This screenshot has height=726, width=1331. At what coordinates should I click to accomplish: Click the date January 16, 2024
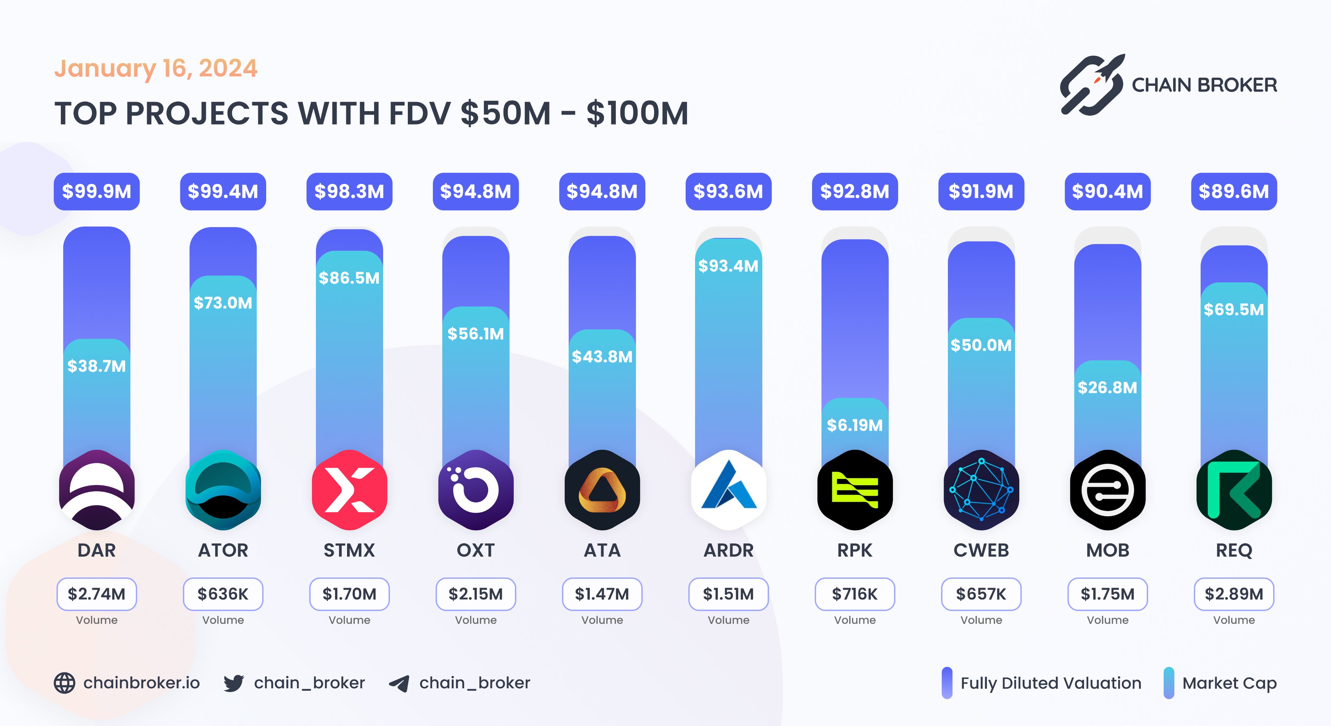click(x=156, y=68)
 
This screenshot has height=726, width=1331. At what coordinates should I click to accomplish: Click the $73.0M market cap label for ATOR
click(x=223, y=303)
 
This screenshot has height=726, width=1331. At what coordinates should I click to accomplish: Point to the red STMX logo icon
click(x=349, y=490)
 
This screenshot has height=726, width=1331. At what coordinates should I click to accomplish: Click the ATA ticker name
click(x=602, y=550)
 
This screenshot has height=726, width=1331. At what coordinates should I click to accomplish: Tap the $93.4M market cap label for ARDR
click(x=728, y=266)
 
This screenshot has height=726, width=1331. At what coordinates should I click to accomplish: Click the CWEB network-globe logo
click(x=981, y=490)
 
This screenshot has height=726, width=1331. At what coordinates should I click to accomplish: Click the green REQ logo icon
click(x=1234, y=490)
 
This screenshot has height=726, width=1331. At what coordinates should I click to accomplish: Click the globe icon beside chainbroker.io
click(x=65, y=683)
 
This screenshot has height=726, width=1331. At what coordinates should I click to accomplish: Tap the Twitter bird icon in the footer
click(x=234, y=683)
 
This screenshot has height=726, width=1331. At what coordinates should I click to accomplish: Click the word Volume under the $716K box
click(x=855, y=620)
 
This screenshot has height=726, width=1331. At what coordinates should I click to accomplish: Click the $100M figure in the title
click(x=637, y=114)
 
